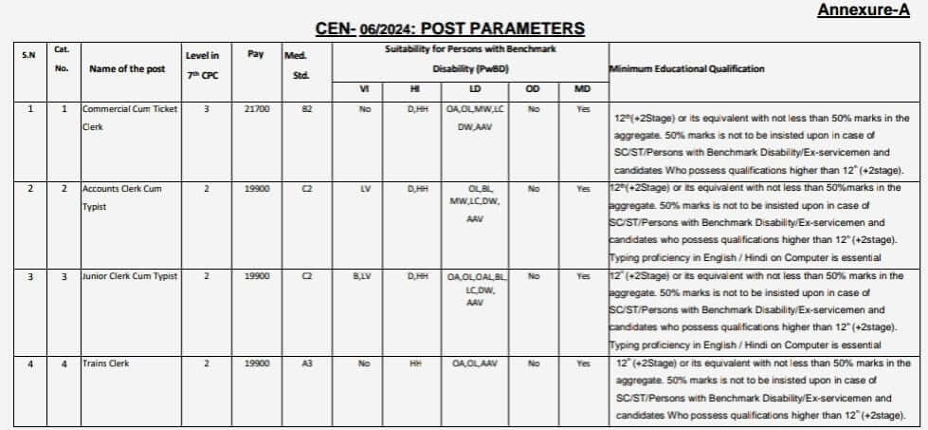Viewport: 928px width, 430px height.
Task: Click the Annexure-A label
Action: (870, 11)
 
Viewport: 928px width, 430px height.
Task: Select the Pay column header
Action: (256, 55)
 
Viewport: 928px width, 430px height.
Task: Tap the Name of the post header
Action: (127, 69)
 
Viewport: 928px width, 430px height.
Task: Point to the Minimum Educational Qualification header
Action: (686, 69)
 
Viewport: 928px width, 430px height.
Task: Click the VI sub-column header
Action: (364, 90)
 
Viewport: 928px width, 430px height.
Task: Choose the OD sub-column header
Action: (534, 90)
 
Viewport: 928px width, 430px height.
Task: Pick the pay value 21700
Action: (257, 110)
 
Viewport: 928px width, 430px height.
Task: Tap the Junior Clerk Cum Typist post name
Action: (130, 276)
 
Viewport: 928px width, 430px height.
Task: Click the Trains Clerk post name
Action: (105, 364)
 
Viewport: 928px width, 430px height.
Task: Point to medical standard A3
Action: (306, 364)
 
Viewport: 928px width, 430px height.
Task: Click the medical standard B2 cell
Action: (306, 110)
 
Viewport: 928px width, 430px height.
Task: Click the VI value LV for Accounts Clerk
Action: (364, 189)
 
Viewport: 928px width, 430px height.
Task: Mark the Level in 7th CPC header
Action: (202, 65)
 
